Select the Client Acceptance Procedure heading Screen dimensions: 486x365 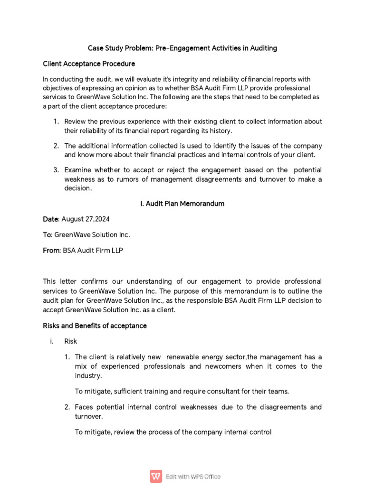point(89,64)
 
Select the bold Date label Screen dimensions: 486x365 point(50,219)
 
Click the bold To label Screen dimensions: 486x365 point(47,234)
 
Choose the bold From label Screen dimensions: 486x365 point(51,250)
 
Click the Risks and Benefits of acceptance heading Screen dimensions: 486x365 point(95,326)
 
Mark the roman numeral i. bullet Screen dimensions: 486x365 point(51,341)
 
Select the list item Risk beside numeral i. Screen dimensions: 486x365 point(70,341)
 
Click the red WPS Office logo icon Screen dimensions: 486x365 point(156,476)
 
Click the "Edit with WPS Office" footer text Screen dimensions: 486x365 point(193,477)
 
